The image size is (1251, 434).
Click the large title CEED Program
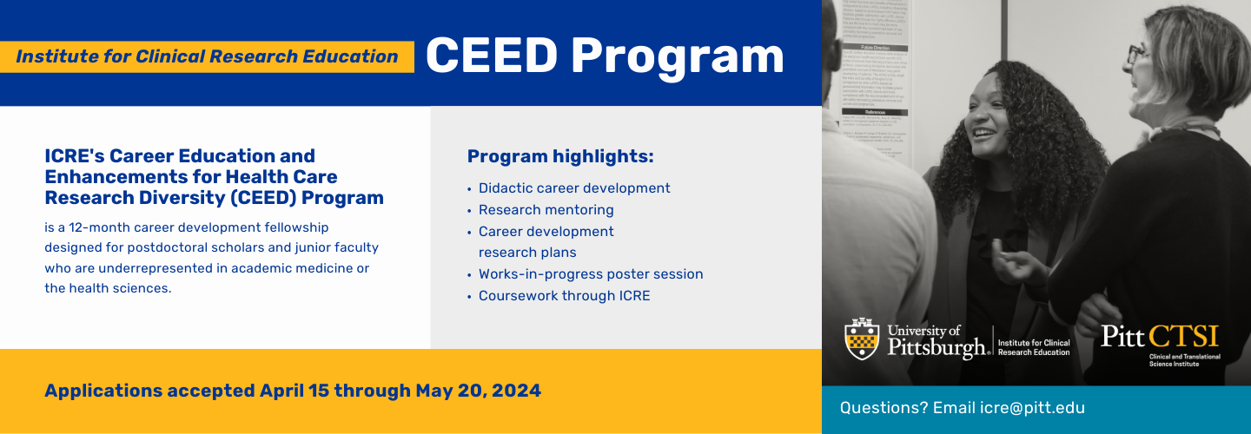[605, 56]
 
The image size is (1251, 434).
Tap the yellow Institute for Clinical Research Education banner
[207, 56]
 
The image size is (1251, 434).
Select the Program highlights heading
[560, 156]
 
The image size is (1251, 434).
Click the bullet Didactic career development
[574, 188]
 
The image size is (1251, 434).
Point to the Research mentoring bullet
[546, 210]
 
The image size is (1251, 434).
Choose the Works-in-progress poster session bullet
[591, 274]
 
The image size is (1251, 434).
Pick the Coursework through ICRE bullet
[564, 296]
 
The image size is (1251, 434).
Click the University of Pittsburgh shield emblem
[861, 339]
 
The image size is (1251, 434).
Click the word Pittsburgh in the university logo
[938, 348]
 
